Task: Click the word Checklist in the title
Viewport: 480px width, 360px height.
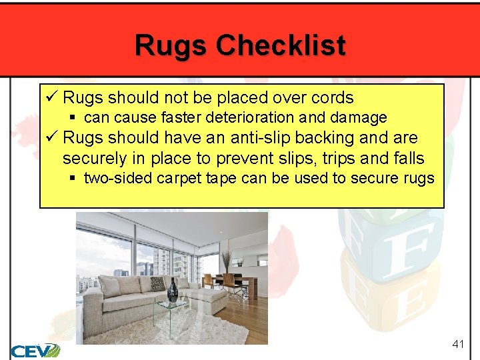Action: point(281,46)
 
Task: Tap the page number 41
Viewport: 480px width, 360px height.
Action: point(457,344)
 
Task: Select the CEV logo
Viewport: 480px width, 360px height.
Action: point(35,350)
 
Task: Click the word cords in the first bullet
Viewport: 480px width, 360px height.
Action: point(331,98)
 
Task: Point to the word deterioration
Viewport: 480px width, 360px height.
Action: point(249,118)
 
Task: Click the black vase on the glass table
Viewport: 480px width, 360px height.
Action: point(173,291)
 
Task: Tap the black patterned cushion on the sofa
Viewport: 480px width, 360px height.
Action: point(157,285)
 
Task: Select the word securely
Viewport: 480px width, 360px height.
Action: point(94,158)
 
